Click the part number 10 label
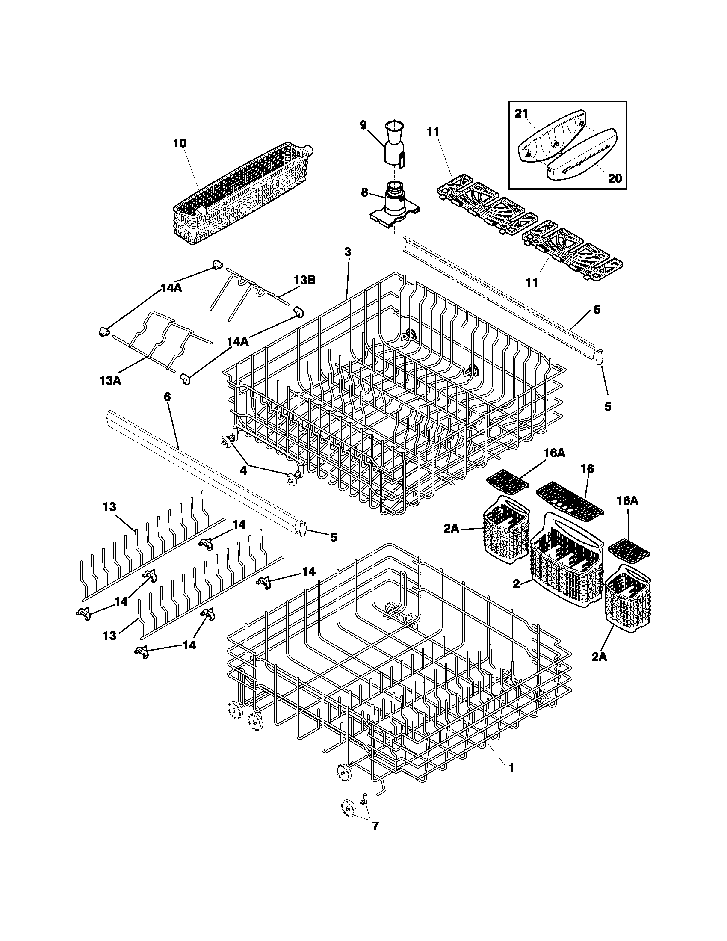click(180, 143)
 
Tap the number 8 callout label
click(365, 192)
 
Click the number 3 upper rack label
click(348, 252)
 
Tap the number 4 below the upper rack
click(243, 471)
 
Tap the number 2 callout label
click(517, 584)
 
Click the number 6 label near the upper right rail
click(597, 309)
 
